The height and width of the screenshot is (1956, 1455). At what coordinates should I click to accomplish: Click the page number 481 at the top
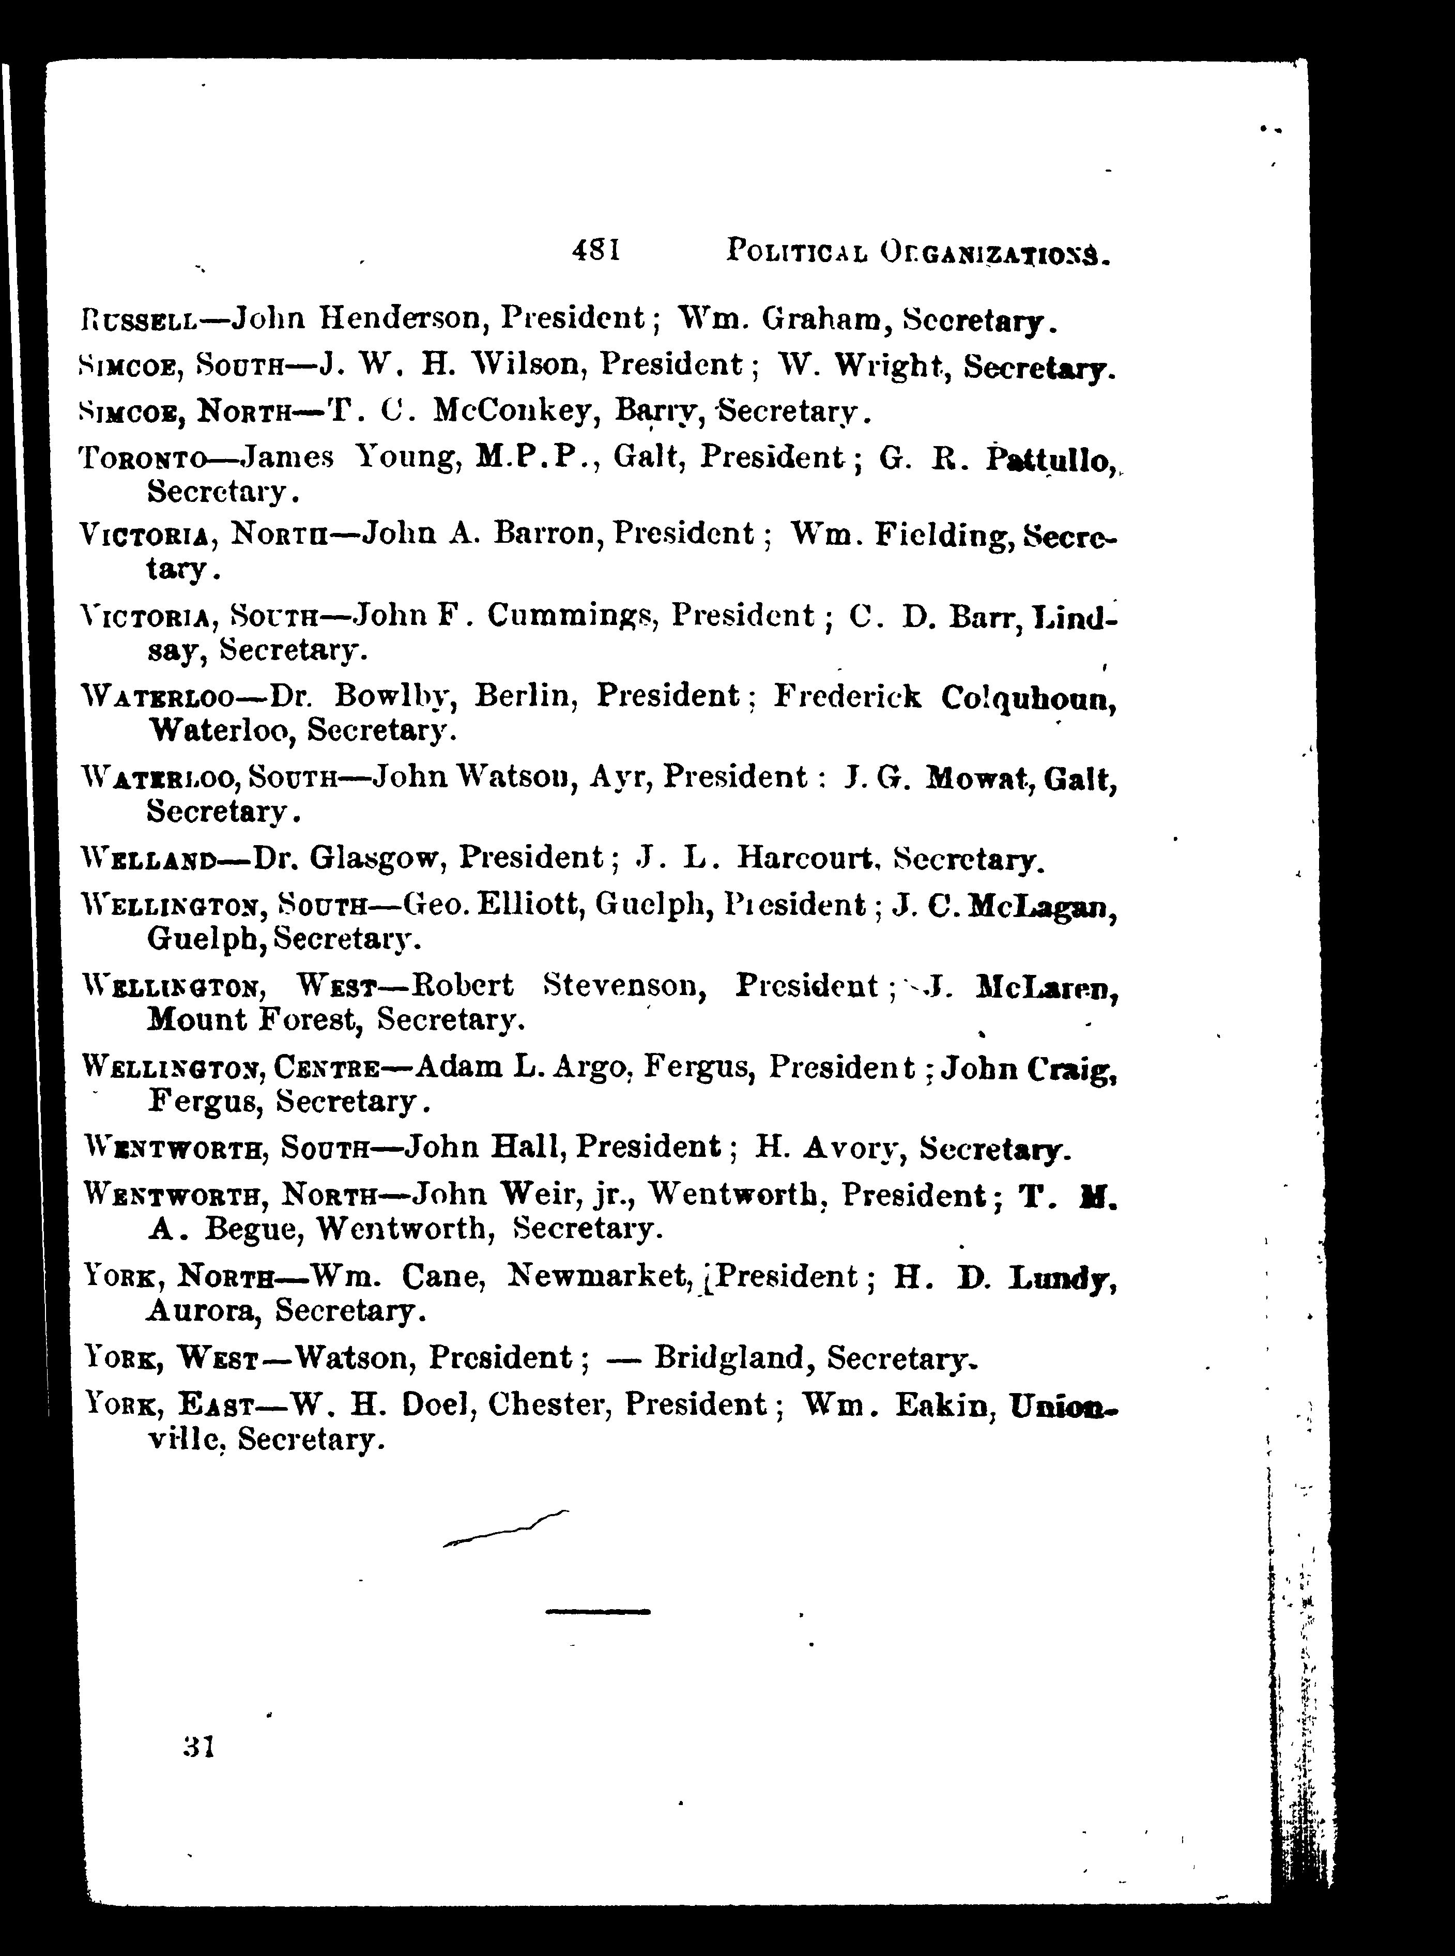596,251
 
